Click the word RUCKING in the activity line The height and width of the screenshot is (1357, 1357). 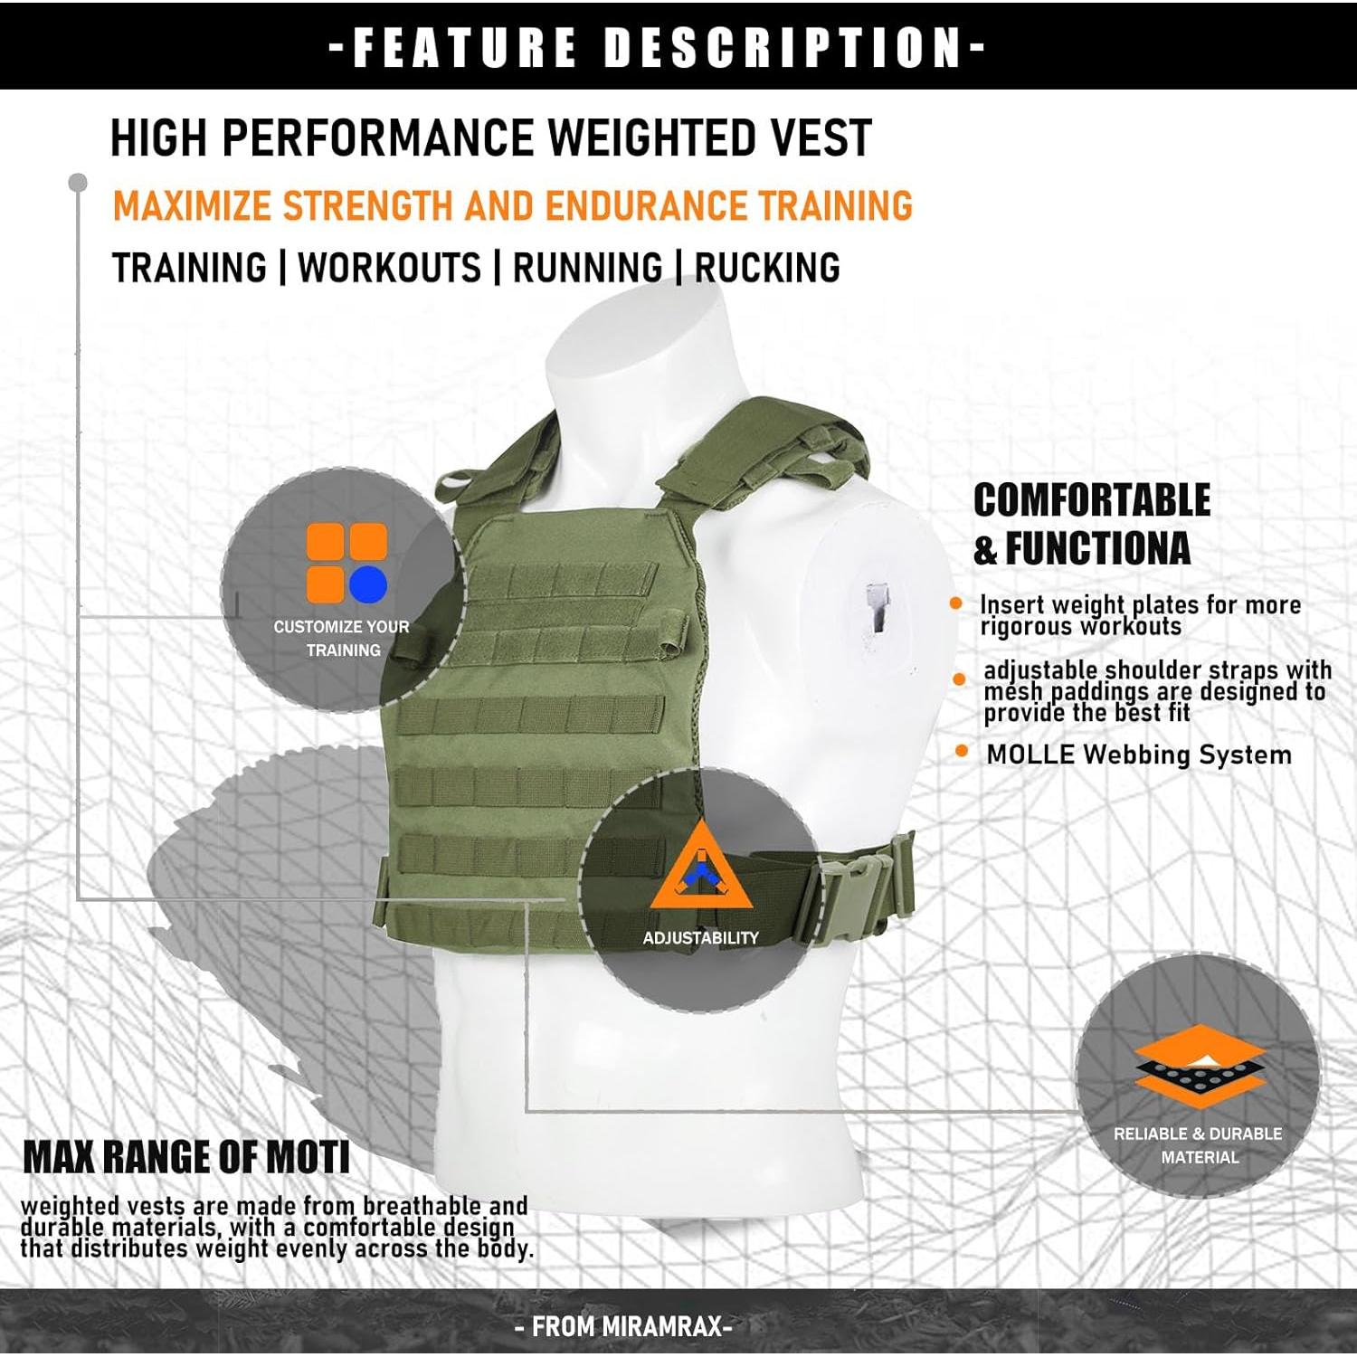[x=767, y=269]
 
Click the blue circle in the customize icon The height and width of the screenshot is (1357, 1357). [x=368, y=584]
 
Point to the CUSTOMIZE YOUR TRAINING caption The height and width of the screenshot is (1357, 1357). [x=342, y=638]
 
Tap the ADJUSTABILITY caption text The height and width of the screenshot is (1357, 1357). [x=700, y=938]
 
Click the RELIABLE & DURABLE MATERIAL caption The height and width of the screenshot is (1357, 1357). [x=1198, y=1145]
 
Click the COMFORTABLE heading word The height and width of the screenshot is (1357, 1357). [x=1092, y=500]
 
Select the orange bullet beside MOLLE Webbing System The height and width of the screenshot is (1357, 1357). [x=962, y=752]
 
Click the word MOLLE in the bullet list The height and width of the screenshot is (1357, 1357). [x=1030, y=754]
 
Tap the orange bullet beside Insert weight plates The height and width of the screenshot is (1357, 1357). [x=956, y=603]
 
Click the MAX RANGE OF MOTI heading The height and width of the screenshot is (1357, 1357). [x=186, y=1158]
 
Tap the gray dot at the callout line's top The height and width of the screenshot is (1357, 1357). [x=78, y=183]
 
